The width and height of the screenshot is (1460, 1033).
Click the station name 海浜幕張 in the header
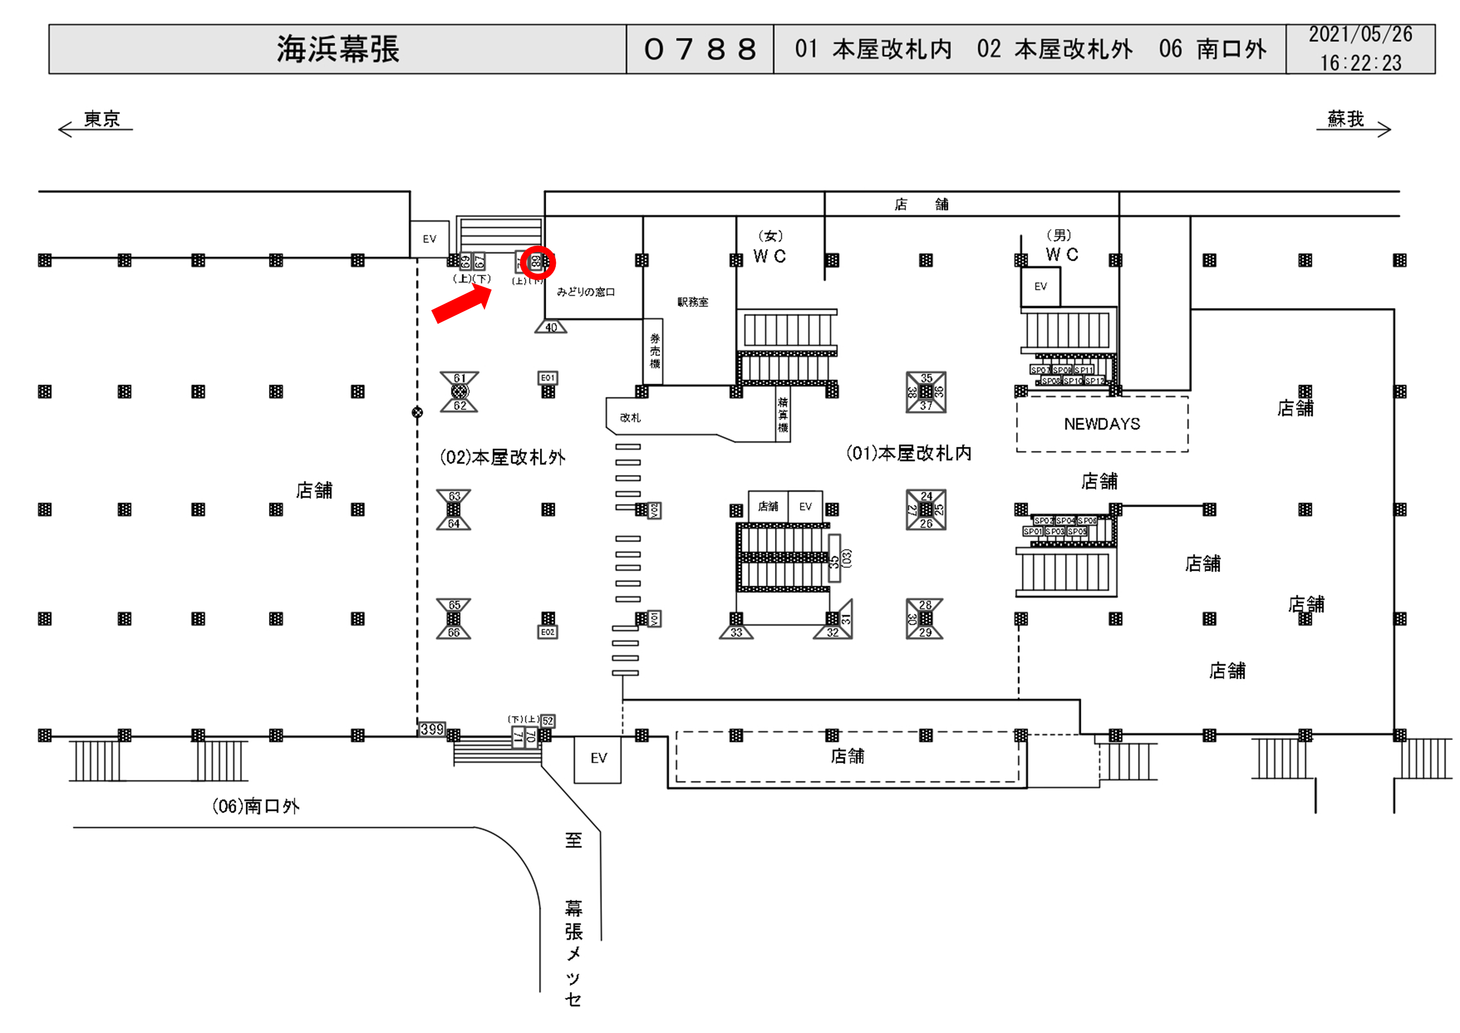[x=338, y=49]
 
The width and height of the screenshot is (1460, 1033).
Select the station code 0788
[x=699, y=49]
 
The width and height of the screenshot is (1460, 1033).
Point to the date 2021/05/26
[x=1360, y=35]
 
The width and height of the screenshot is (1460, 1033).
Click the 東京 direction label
[x=102, y=119]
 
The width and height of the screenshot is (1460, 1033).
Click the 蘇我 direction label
[x=1346, y=119]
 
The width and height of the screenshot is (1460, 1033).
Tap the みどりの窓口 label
[x=586, y=292]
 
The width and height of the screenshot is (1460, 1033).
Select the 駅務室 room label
[x=693, y=302]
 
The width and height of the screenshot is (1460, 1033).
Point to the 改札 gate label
[x=630, y=418]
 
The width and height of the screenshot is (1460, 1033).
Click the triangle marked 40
[x=550, y=328]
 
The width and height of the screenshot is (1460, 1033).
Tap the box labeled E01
[x=547, y=378]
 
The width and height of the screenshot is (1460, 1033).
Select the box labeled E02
[x=547, y=632]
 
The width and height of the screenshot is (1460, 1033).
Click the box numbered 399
[x=432, y=729]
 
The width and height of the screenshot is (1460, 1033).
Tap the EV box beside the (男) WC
[x=1040, y=287]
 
